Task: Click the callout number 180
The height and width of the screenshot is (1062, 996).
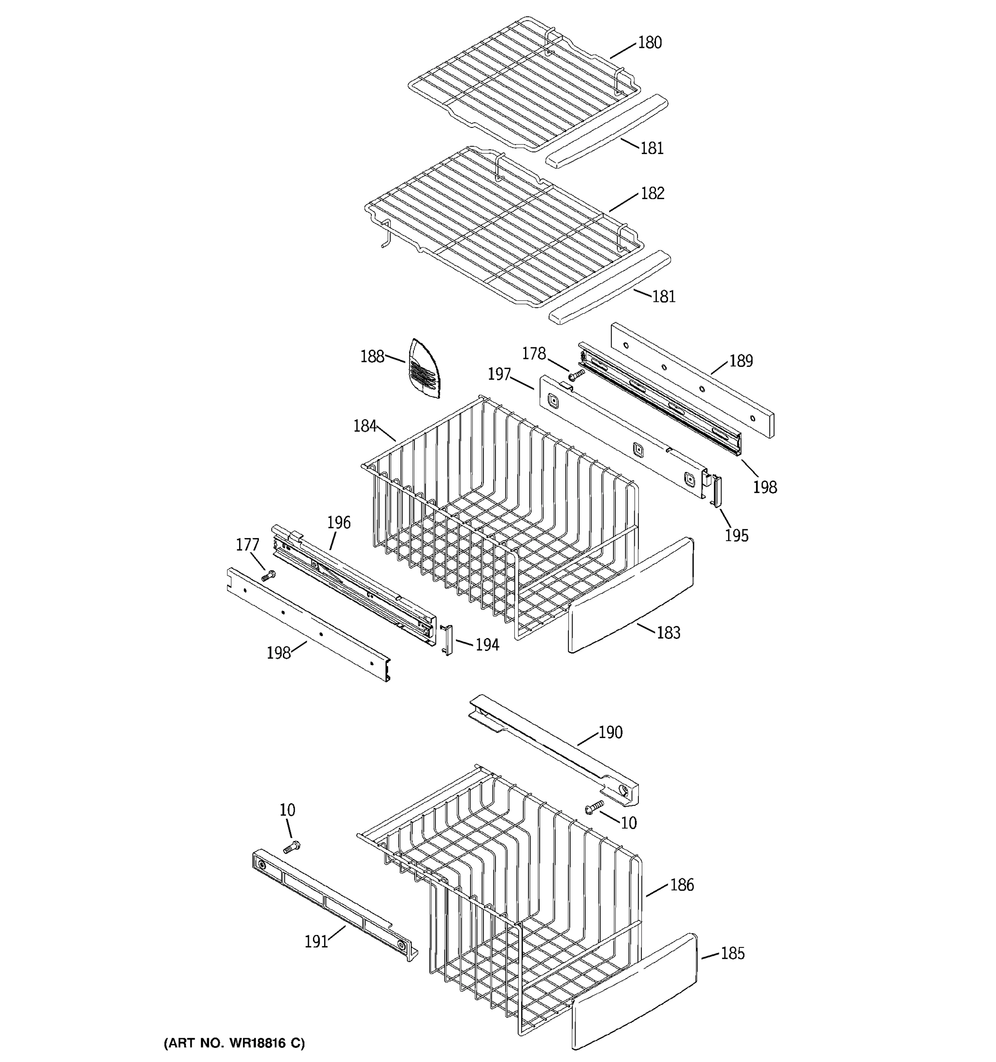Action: [x=650, y=43]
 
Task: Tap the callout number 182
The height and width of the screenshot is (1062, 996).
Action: [x=652, y=193]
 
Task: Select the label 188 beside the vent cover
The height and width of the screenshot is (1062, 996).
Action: [x=372, y=356]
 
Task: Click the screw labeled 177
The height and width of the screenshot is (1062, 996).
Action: [x=269, y=575]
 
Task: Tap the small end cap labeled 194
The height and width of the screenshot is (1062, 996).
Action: [x=447, y=639]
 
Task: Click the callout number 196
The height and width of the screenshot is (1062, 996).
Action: [x=339, y=523]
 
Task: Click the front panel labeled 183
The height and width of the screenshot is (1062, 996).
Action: [x=630, y=596]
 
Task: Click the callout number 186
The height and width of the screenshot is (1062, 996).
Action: [x=682, y=885]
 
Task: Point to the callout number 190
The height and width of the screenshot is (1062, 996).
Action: [x=610, y=732]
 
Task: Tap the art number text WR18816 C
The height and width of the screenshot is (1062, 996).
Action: [x=234, y=1043]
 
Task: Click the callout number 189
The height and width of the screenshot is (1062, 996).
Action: [x=741, y=361]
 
